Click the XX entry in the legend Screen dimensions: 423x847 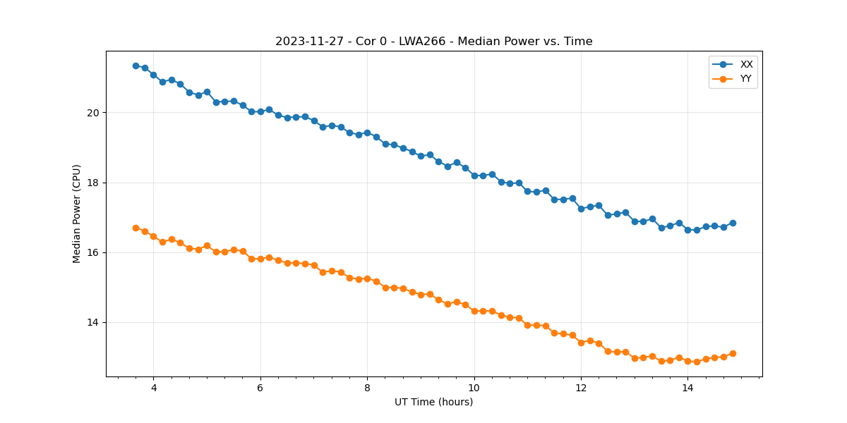coord(746,64)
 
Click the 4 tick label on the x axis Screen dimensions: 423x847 coord(154,388)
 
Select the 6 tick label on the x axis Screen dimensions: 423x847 coord(260,388)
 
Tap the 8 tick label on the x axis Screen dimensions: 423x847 coord(367,388)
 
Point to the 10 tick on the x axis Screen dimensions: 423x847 coord(474,388)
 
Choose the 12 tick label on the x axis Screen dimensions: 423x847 coord(581,388)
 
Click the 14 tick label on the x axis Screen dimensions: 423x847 coord(687,388)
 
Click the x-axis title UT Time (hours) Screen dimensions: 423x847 coord(433,402)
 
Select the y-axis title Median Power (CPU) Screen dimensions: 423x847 coord(77,214)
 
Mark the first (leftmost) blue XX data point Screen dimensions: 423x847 coord(136,66)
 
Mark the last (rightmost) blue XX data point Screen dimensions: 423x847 coord(733,223)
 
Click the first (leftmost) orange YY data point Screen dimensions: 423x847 coord(136,228)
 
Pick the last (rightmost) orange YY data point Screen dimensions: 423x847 coord(733,353)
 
